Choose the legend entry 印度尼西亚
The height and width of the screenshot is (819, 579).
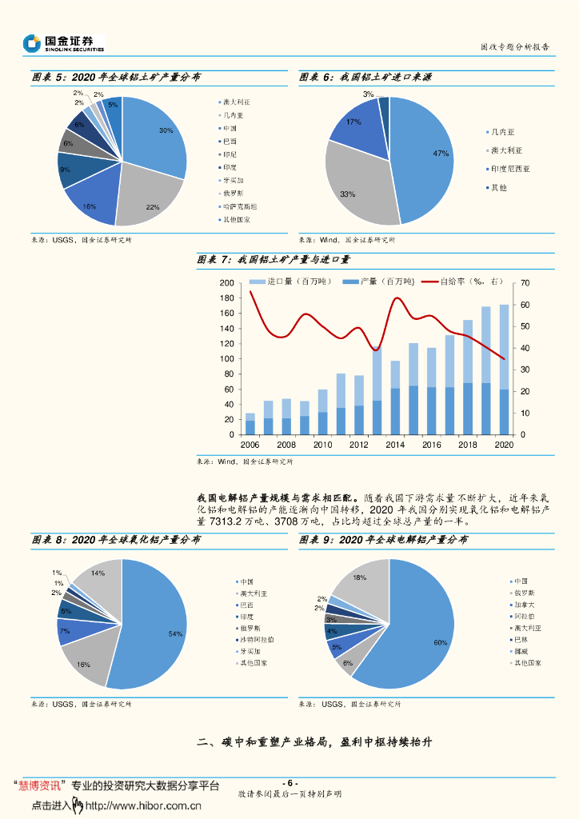[510, 169]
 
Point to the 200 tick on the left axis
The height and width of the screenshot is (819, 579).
[226, 284]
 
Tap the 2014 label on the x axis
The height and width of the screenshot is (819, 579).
[395, 445]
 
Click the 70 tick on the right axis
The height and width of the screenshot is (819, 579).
[525, 284]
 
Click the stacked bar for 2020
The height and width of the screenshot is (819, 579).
[505, 369]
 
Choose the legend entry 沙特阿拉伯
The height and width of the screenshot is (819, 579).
[257, 639]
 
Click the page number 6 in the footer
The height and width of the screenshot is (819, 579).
[290, 783]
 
